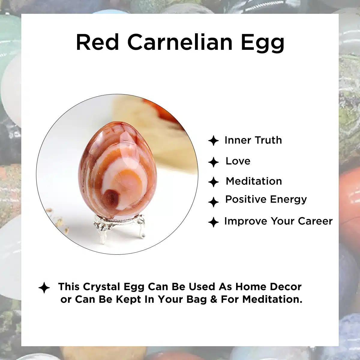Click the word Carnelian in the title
[x=180, y=42]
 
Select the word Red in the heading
[x=97, y=42]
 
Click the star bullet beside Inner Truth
[x=213, y=140]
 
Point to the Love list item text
[x=238, y=161]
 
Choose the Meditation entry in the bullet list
[x=254, y=181]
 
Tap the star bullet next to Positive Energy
[x=213, y=202]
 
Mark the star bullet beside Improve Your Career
[x=213, y=222]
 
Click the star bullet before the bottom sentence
[x=44, y=288]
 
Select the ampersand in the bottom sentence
[x=214, y=299]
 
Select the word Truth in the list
[x=268, y=140]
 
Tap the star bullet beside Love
[x=213, y=162]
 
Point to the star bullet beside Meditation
[x=213, y=182]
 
